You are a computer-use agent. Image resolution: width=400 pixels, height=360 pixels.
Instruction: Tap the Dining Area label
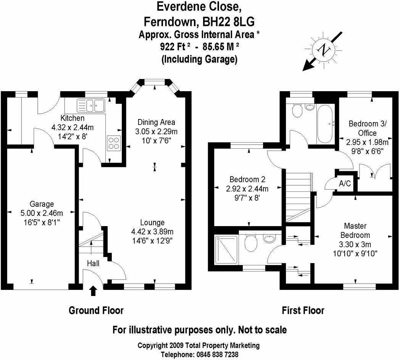coord(156,122)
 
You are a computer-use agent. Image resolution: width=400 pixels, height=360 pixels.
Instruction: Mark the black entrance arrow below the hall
coord(93,291)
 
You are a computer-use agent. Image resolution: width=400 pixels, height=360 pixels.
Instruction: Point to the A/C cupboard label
coord(345,183)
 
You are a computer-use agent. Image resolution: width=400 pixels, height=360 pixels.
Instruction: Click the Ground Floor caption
coord(96,310)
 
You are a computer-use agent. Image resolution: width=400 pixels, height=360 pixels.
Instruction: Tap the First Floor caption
coord(303,310)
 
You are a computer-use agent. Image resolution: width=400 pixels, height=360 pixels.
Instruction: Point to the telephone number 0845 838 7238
coord(219,354)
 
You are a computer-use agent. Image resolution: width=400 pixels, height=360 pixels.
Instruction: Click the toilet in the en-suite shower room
coord(250,243)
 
